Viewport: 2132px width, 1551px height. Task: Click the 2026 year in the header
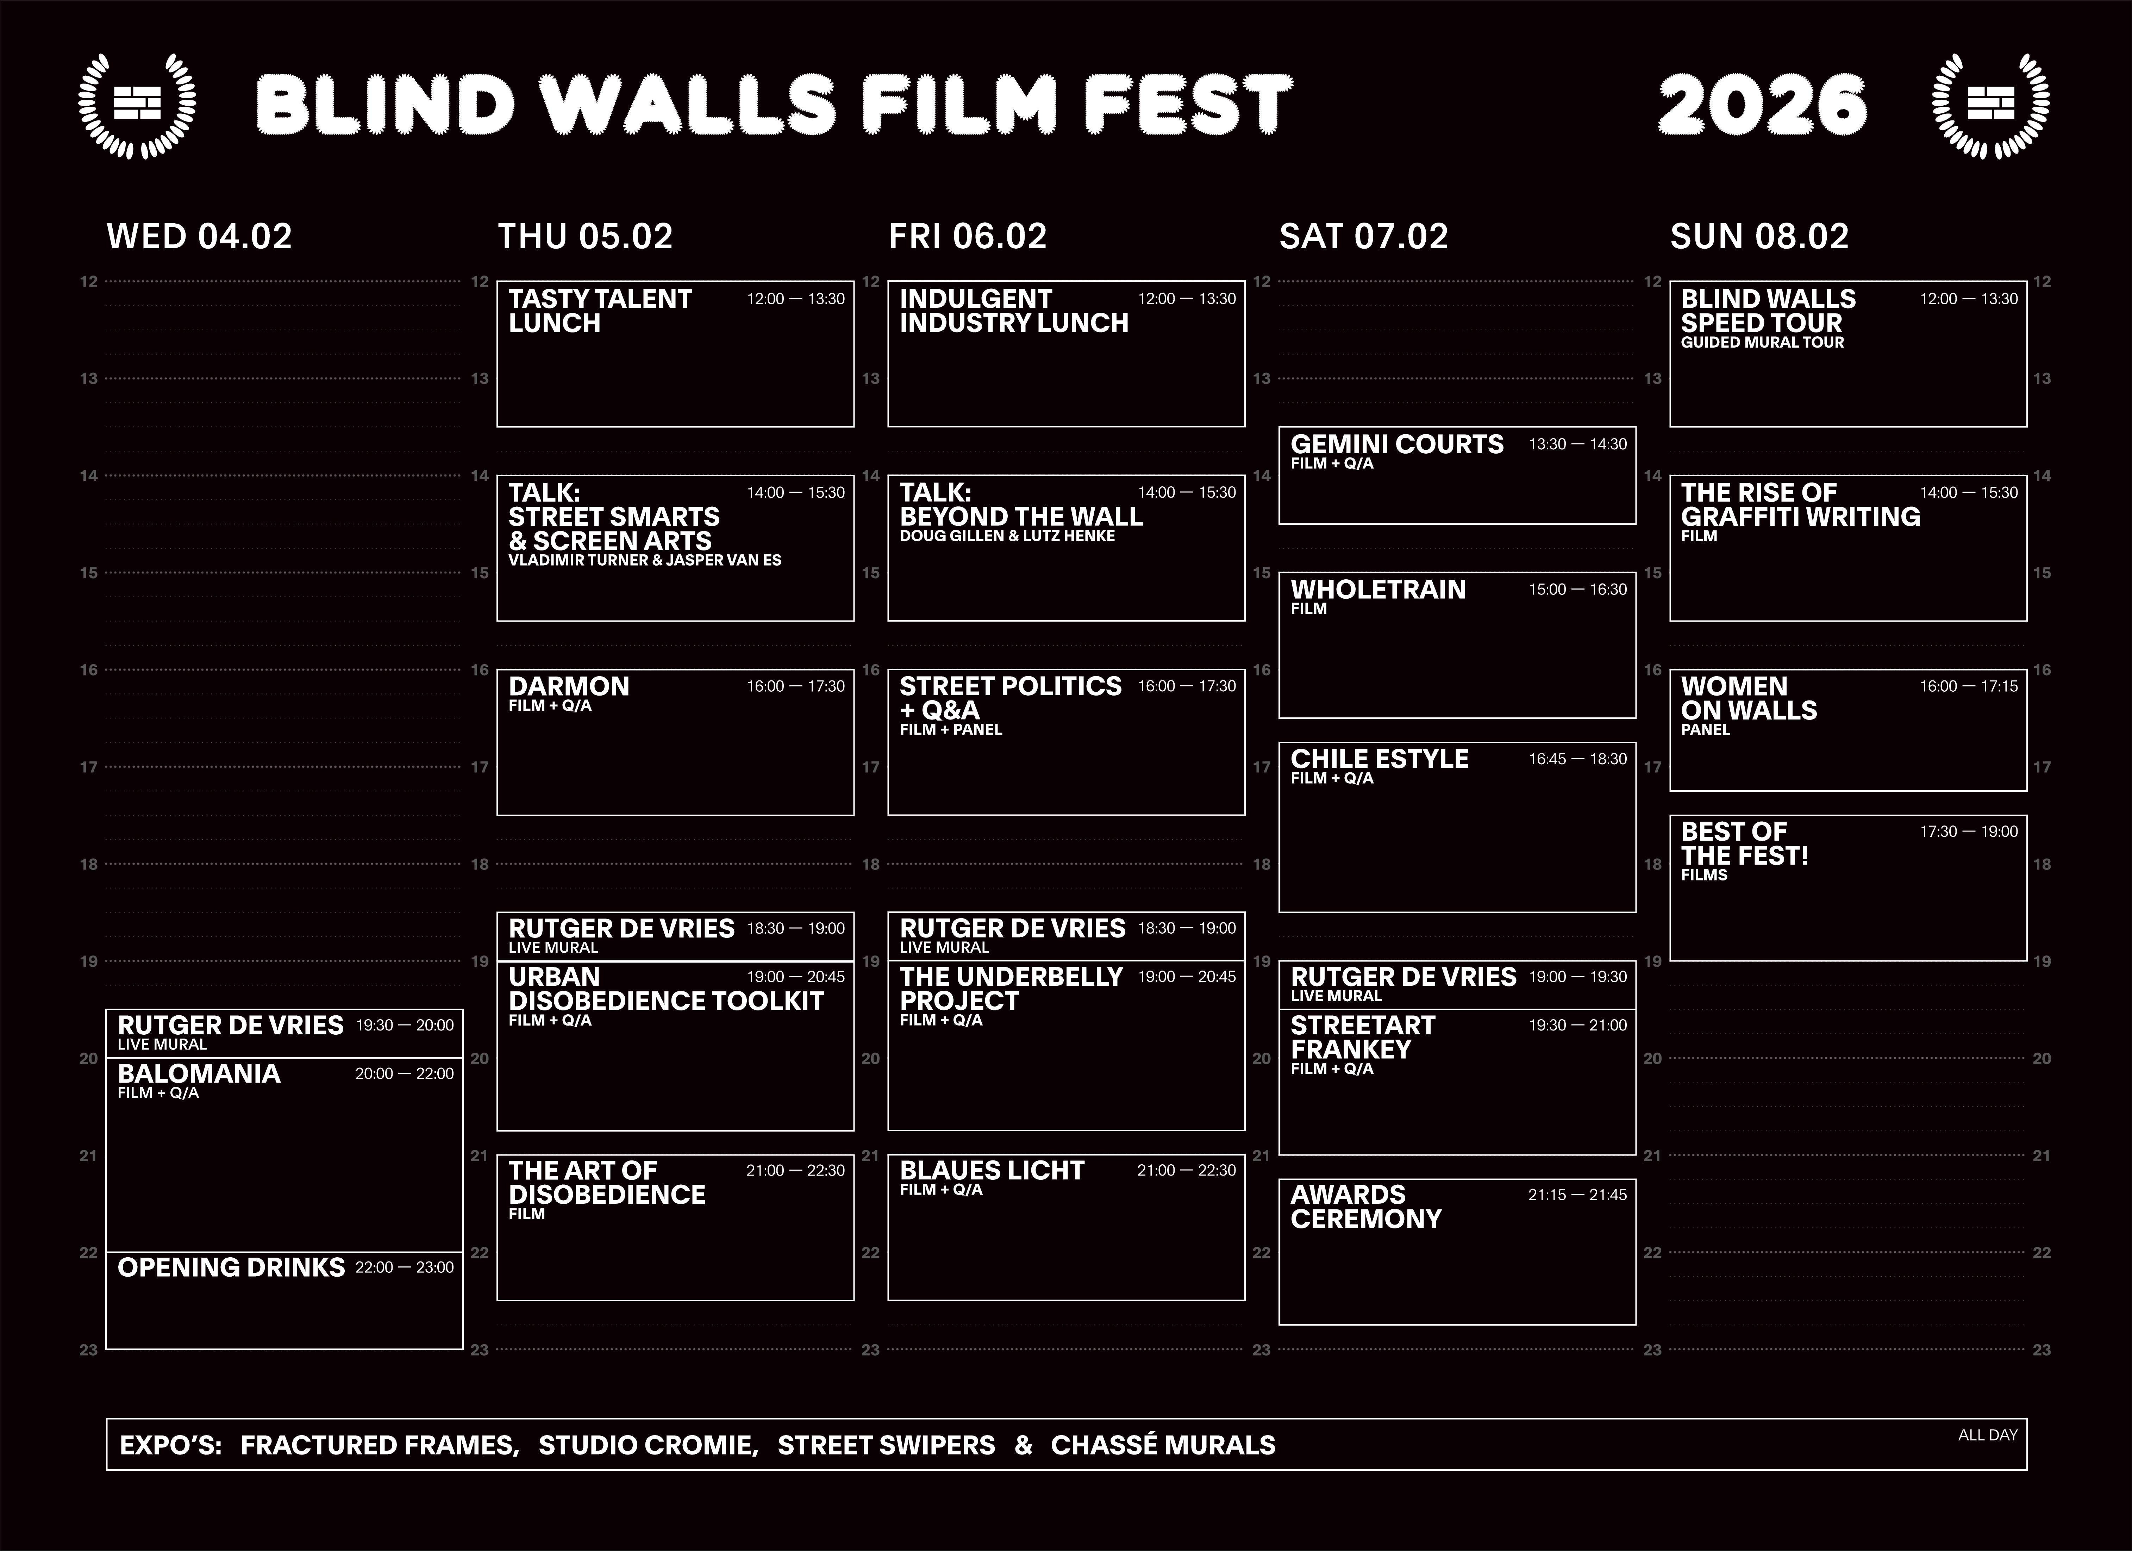click(1762, 105)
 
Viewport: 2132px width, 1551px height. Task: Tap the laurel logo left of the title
click(137, 105)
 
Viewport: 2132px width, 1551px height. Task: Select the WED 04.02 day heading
click(199, 236)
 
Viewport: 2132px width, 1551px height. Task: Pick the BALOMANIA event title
click(199, 1073)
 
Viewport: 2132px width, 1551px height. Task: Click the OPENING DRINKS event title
click(231, 1267)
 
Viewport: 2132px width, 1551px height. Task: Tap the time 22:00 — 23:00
click(404, 1267)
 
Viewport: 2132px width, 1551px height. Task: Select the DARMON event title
click(569, 686)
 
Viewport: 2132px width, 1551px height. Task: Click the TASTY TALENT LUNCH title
click(600, 311)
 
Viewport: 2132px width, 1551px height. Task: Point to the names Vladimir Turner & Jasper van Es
click(645, 560)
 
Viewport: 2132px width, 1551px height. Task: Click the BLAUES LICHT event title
click(992, 1170)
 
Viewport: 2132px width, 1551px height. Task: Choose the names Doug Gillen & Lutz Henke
click(1007, 536)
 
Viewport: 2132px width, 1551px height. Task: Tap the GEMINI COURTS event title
click(1397, 444)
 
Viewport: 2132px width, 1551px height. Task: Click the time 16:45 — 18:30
click(1577, 759)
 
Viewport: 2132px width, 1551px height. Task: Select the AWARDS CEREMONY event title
click(1366, 1207)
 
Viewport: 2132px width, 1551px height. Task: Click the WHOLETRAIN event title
click(1378, 590)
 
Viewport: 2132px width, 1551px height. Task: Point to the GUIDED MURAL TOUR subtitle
click(1763, 342)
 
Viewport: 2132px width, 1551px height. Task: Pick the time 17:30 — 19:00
click(1968, 831)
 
